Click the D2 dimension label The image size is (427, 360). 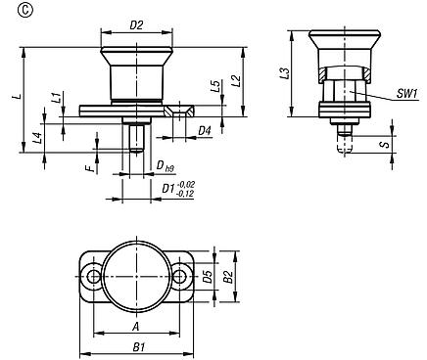click(136, 24)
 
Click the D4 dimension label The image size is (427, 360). click(205, 129)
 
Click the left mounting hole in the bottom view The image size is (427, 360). click(94, 278)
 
